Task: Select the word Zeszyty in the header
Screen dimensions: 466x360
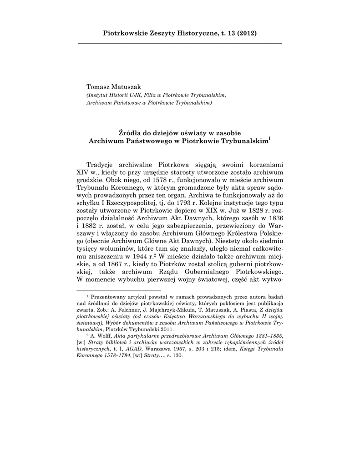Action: point(156,33)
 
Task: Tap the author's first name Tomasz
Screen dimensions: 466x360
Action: point(99,87)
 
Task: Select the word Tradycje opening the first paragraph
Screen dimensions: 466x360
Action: point(101,164)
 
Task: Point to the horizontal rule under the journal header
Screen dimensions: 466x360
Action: point(180,43)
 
